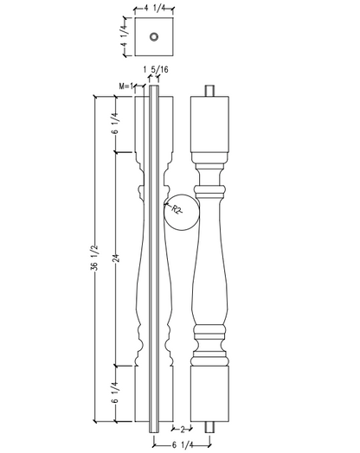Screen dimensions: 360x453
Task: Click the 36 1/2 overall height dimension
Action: (95, 258)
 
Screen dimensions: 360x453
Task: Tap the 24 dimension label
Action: (116, 258)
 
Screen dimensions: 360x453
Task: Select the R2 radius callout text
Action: (176, 209)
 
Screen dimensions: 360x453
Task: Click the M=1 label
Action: (126, 86)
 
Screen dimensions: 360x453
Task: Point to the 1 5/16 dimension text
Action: (156, 69)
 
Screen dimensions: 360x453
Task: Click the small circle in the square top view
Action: (154, 36)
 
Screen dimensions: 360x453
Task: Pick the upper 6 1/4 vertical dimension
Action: (115, 123)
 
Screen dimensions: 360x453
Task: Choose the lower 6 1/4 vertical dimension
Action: (115, 392)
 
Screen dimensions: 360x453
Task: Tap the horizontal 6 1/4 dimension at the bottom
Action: (183, 445)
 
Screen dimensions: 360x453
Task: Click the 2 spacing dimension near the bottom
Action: (183, 430)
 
